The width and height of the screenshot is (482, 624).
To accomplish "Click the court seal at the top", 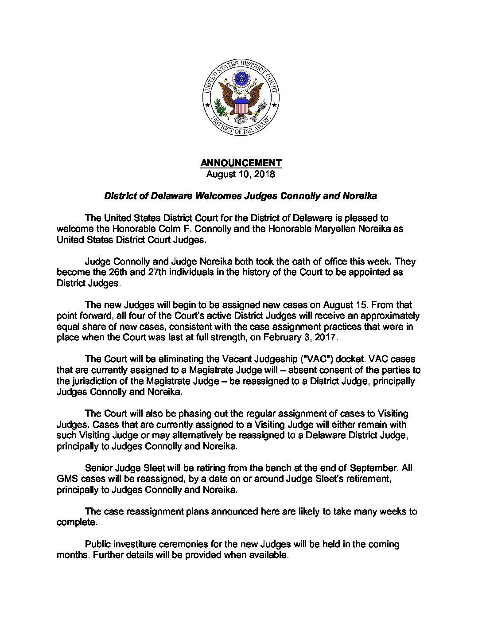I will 241,97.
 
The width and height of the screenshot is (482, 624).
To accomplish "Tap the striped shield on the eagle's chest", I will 241,106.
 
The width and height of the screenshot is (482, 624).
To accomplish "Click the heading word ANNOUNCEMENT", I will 241,163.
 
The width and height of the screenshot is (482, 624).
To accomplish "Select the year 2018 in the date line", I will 264,174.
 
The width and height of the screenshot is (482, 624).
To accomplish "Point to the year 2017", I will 326,337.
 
